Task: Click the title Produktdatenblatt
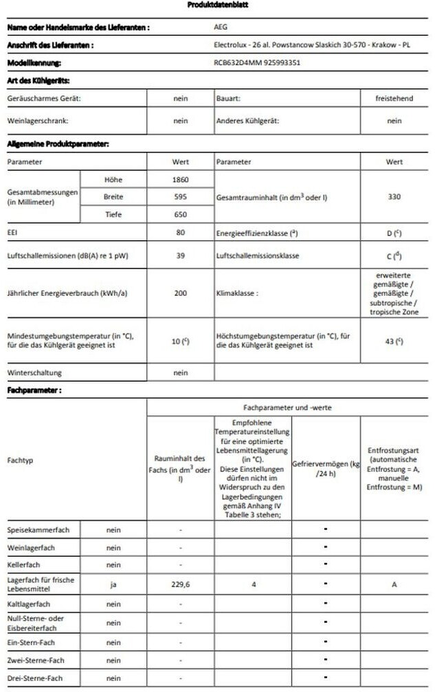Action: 218,5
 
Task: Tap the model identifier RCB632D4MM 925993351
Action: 257,62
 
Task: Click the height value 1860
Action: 181,179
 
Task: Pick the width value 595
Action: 181,196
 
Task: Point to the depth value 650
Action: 181,214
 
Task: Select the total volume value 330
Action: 394,196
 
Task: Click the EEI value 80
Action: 181,233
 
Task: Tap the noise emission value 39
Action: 181,256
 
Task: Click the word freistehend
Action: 394,98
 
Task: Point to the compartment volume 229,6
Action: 180,584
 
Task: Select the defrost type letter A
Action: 394,584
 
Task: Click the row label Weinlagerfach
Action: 31,548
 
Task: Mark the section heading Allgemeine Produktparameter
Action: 49,144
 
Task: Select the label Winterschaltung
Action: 34,373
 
